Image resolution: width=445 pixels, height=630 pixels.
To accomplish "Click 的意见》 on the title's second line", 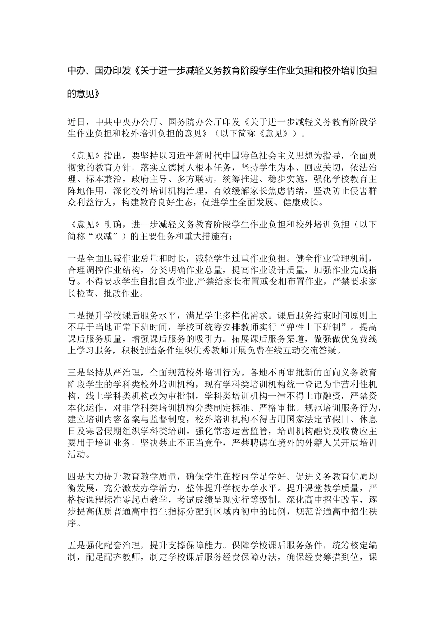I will coord(84,93).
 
